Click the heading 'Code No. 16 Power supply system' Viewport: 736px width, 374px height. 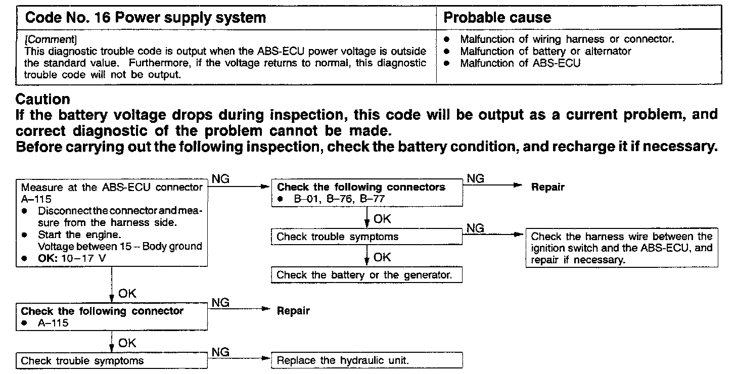click(146, 18)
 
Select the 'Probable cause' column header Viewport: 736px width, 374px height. click(497, 18)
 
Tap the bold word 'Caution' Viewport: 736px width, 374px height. click(43, 99)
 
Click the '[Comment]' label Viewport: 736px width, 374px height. click(51, 39)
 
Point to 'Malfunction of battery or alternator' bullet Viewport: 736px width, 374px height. click(545, 51)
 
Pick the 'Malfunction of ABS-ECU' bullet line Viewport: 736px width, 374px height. click(520, 63)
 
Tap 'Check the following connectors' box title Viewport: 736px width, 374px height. click(361, 187)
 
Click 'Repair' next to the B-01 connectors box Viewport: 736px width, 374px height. click(547, 187)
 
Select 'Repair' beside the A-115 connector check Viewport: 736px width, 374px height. click(293, 311)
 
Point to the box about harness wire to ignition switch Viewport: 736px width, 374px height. click(622, 248)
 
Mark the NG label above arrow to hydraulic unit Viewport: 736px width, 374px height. click(220, 352)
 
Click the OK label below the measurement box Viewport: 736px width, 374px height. click(127, 293)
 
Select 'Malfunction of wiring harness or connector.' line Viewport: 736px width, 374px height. click(567, 39)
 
